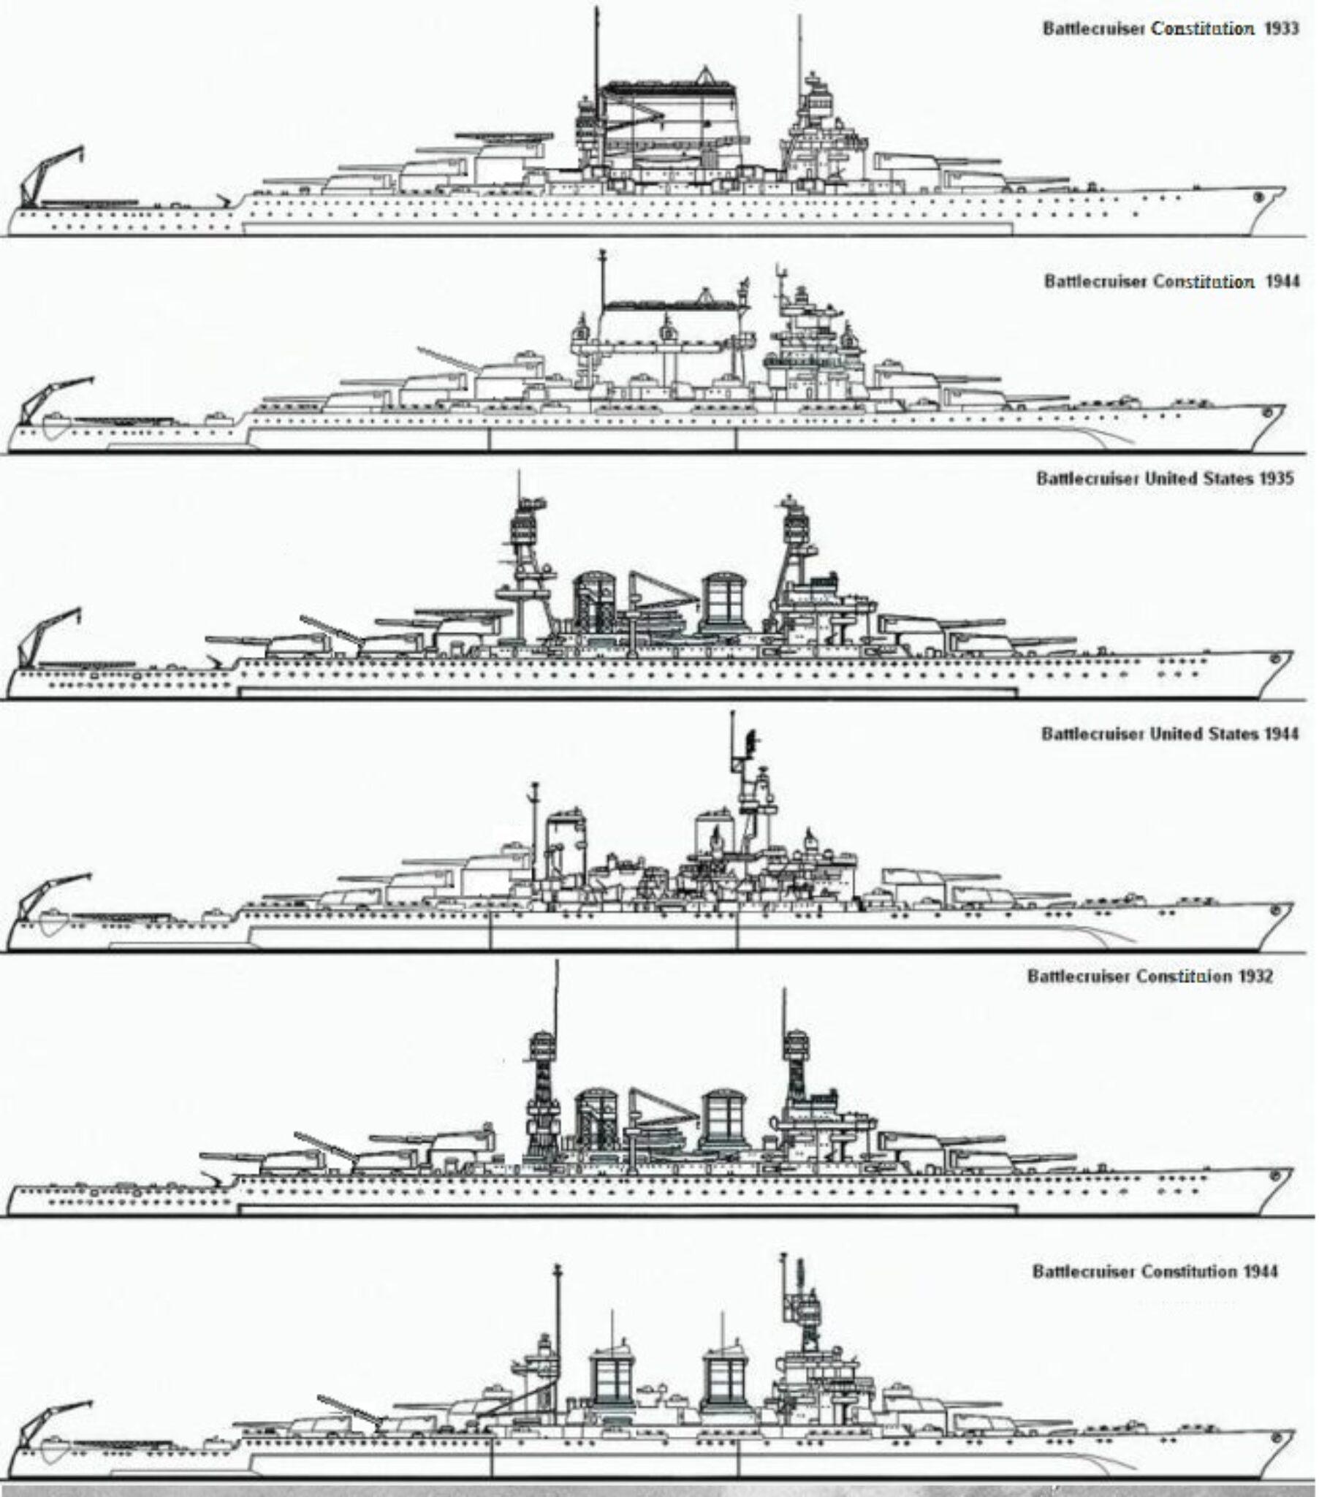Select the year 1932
coord(1256,977)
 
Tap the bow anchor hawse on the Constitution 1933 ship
coord(1259,197)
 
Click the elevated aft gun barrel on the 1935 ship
coord(330,632)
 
